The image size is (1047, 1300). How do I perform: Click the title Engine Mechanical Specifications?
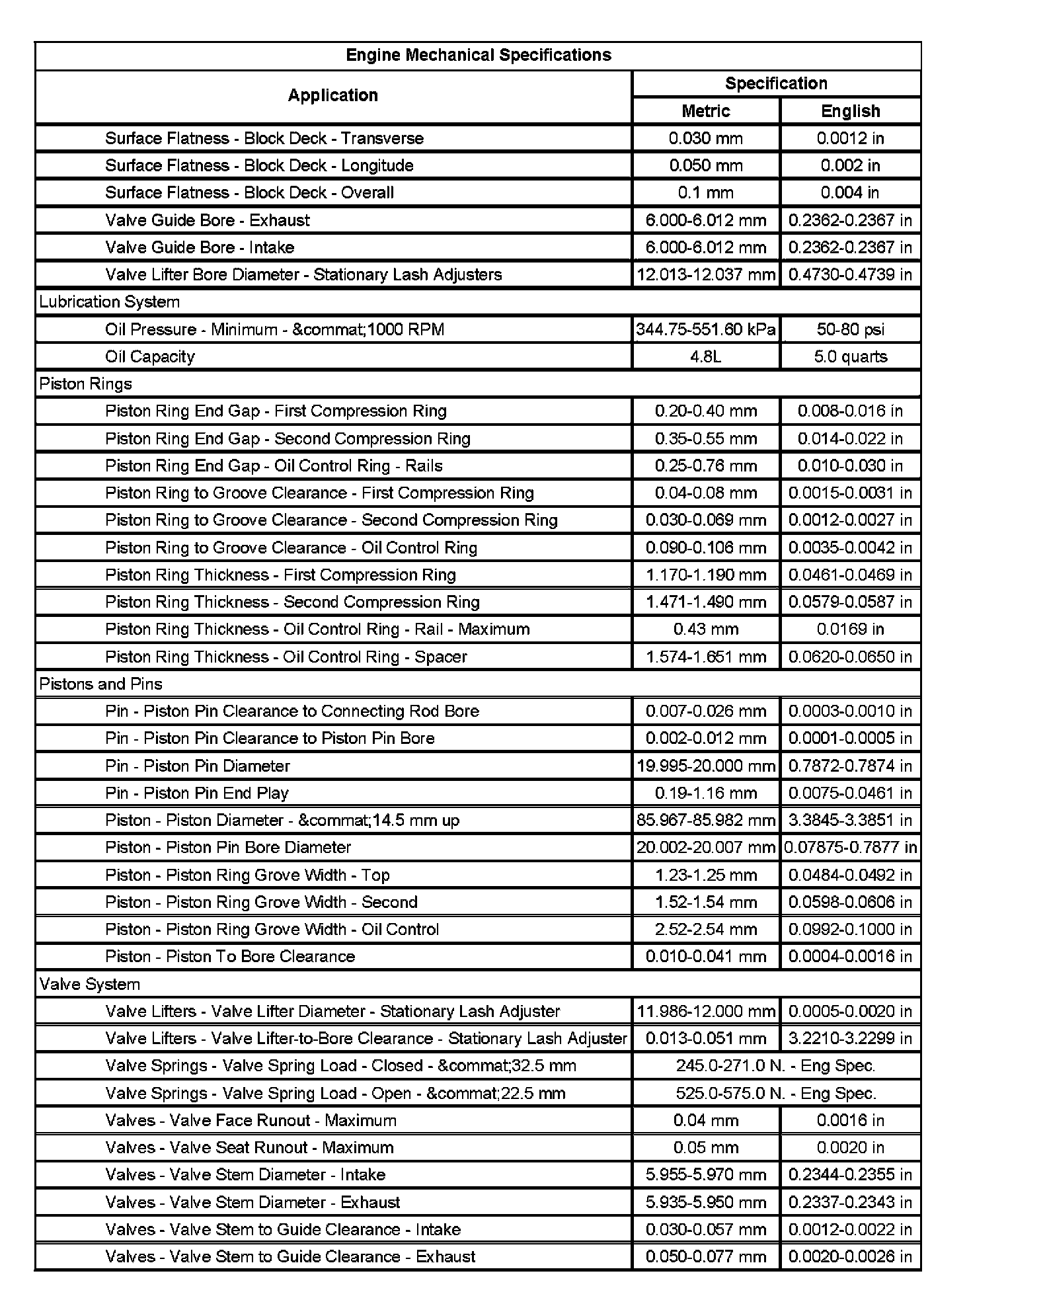coord(478,55)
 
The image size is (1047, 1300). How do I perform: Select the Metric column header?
coord(705,111)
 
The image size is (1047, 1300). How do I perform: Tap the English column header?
coord(850,111)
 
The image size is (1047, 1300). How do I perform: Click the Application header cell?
coord(332,95)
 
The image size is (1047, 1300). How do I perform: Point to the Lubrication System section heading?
coord(109,302)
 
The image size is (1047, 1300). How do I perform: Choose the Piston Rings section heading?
coord(85,384)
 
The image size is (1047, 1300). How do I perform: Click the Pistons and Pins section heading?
coord(100,684)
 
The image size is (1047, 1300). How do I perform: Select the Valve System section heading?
coord(89,984)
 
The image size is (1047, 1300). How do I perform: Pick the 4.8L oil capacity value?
coord(705,357)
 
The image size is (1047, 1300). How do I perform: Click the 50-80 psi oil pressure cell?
coord(850,329)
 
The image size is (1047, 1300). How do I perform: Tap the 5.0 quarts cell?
coord(850,357)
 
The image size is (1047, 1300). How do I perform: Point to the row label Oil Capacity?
coord(150,357)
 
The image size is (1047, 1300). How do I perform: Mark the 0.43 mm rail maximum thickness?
coord(705,630)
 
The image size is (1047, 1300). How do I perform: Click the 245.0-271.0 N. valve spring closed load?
coord(775,1066)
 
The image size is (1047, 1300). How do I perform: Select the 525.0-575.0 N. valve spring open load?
coord(775,1093)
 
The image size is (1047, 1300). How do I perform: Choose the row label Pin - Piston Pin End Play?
coord(197,793)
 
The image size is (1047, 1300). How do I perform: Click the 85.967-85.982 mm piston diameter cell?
coord(705,821)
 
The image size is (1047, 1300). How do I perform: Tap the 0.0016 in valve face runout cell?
coord(850,1120)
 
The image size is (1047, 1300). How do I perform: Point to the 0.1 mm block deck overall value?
coord(705,193)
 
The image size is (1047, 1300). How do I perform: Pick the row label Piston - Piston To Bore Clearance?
coord(230,957)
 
